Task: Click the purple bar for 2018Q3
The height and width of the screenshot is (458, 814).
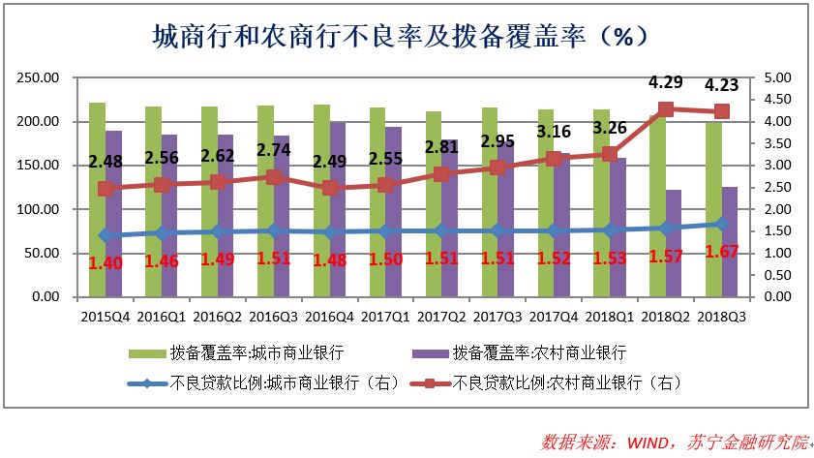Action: (729, 242)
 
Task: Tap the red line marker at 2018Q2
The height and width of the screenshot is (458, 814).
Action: (666, 109)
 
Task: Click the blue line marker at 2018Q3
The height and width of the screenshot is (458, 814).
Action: (722, 224)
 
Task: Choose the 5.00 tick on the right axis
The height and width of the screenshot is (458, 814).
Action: (778, 77)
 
